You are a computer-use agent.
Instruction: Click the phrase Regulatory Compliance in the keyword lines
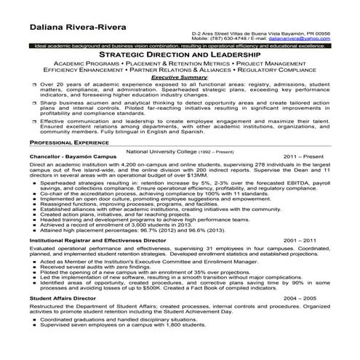pyautogui.click(x=273, y=70)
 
